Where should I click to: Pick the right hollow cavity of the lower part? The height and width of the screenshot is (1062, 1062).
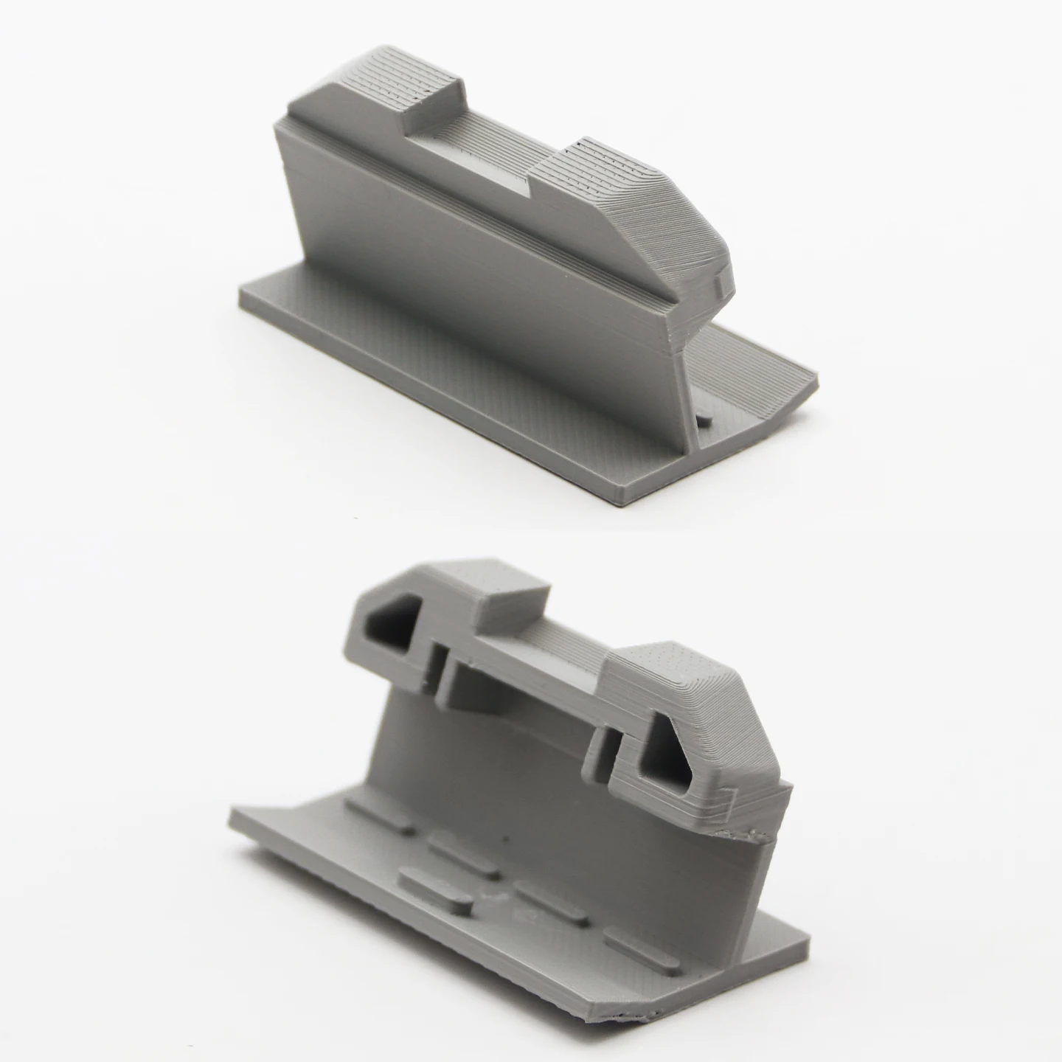(667, 760)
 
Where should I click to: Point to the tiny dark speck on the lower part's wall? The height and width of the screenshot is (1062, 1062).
(504, 840)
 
